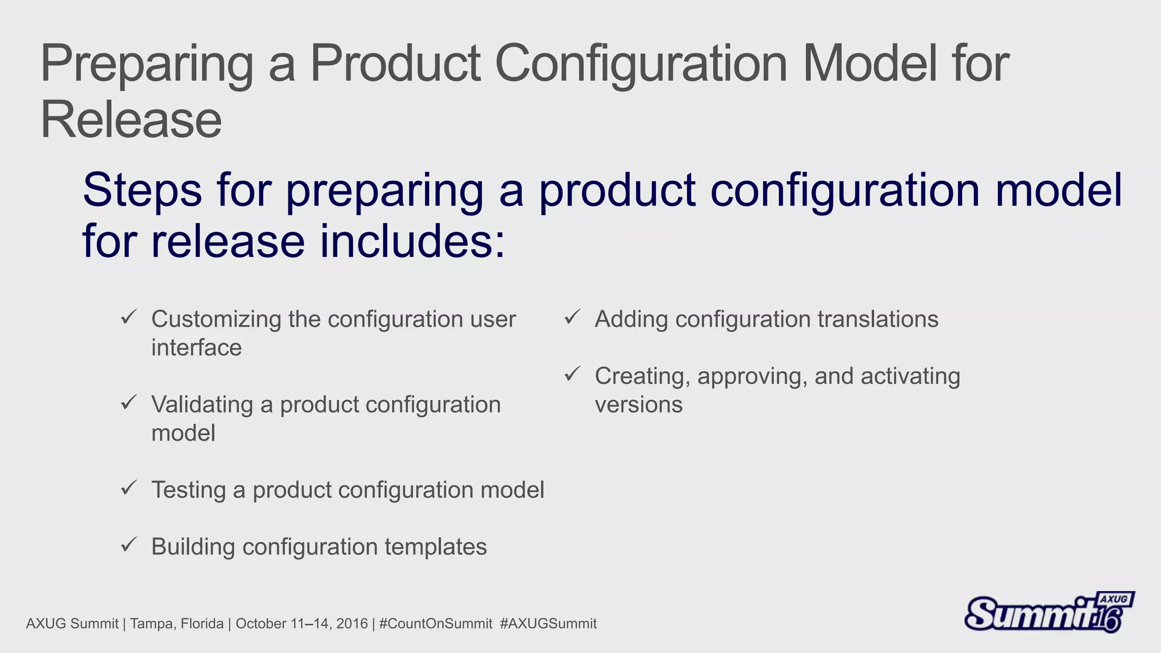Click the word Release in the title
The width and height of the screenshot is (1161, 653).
[131, 120]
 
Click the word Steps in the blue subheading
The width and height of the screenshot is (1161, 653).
[142, 190]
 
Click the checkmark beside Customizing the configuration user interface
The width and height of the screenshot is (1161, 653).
[129, 317]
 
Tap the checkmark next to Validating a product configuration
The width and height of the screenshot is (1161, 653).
[129, 402]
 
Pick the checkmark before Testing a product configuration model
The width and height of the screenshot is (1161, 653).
[129, 487]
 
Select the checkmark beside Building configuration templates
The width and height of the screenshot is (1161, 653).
[129, 545]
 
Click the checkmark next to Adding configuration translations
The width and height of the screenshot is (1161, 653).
[573, 317]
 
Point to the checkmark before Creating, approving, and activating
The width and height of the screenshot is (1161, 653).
[573, 374]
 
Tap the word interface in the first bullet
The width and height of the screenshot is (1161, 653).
[196, 348]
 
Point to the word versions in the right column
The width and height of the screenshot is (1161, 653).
[638, 405]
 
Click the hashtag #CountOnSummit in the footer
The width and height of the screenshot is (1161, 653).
[435, 624]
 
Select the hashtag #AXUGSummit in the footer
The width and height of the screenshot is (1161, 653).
[548, 624]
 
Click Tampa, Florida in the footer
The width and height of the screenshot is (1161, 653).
[177, 624]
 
